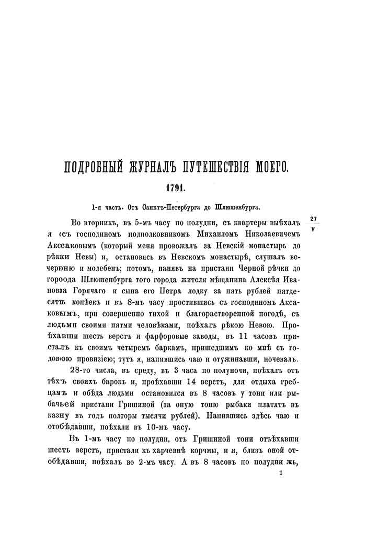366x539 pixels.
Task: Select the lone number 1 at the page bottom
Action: [281, 472]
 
